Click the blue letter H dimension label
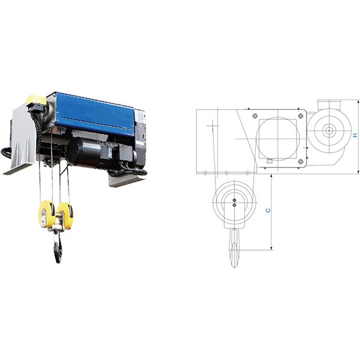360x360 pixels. pyautogui.click(x=355, y=135)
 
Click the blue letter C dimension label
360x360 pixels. pyautogui.click(x=268, y=211)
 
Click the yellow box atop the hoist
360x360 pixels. pyautogui.click(x=36, y=100)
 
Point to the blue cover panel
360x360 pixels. pyautogui.click(x=95, y=113)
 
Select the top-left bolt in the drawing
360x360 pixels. pyautogui.click(x=255, y=116)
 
